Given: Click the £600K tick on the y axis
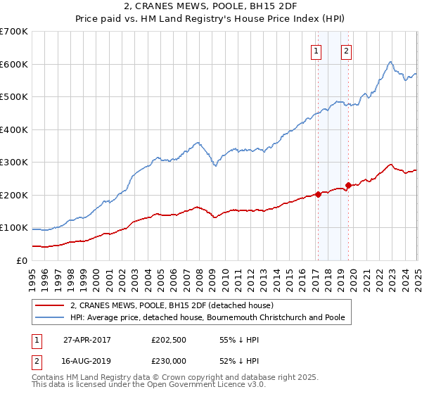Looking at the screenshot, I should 13,64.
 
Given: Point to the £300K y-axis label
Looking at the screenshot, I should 13,163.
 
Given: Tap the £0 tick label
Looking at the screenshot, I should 22,260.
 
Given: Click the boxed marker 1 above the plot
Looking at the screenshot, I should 316,50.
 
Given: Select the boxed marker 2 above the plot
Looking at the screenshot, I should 347,50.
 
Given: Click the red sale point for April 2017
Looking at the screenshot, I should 318,194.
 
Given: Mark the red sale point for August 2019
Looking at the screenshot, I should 348,185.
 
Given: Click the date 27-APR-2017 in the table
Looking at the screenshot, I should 87,339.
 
